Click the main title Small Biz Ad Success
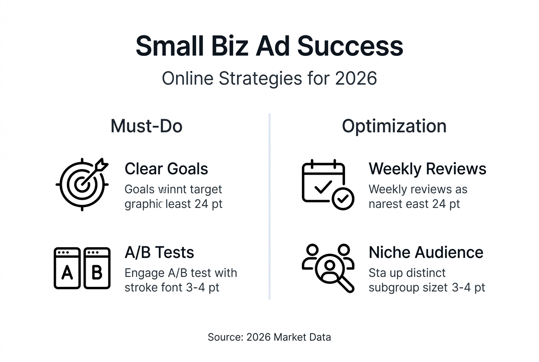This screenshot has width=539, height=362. pyautogui.click(x=269, y=46)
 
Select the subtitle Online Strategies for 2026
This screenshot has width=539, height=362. pyautogui.click(x=269, y=79)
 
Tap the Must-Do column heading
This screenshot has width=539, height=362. pyautogui.click(x=146, y=126)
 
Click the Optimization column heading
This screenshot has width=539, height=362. pyautogui.click(x=394, y=126)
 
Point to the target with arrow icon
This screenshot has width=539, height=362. pyautogui.click(x=82, y=184)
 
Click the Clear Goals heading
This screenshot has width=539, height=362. pyautogui.click(x=166, y=169)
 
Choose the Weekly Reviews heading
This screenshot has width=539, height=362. pyautogui.click(x=427, y=169)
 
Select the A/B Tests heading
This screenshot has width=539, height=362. pyautogui.click(x=159, y=253)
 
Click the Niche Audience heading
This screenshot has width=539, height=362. pyautogui.click(x=426, y=253)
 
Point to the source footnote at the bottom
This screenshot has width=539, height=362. pyautogui.click(x=269, y=337)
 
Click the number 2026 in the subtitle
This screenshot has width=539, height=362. pyautogui.click(x=356, y=79)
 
